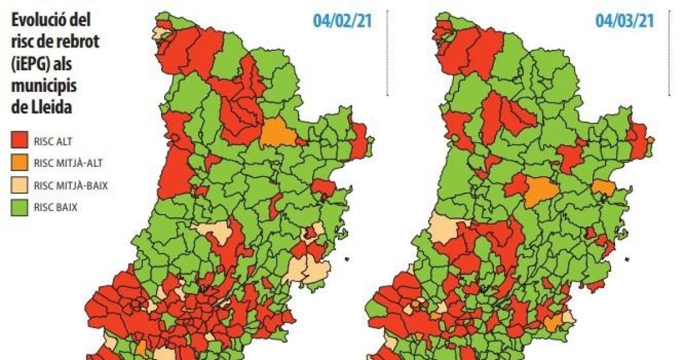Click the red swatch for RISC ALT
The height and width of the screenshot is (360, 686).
[19, 140]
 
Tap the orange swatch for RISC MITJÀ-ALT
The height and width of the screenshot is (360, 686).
[19, 163]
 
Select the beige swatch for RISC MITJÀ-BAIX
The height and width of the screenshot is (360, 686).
[19, 185]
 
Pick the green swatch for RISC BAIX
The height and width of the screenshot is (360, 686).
[19, 207]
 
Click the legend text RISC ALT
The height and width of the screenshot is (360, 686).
[53, 140]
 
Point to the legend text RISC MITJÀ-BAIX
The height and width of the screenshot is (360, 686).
[71, 185]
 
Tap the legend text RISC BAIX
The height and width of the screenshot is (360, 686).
[55, 207]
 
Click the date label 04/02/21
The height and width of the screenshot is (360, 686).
[341, 21]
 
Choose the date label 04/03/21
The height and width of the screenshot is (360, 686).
[624, 21]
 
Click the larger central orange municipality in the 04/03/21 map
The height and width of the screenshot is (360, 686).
[540, 191]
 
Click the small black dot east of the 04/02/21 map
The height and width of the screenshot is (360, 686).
[346, 261]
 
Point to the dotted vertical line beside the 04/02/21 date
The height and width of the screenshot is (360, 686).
[388, 51]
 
